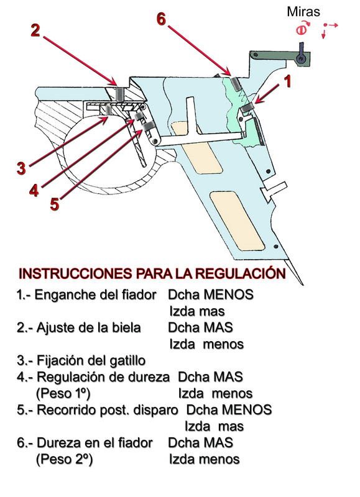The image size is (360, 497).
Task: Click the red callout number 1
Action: tap(287, 82)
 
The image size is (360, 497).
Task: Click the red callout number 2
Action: tap(36, 31)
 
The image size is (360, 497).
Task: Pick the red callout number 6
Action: tap(161, 20)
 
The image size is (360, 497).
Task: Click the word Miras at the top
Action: tap(303, 11)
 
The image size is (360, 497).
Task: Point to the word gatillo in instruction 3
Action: tap(126, 360)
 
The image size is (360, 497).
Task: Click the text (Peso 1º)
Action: tap(63, 393)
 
